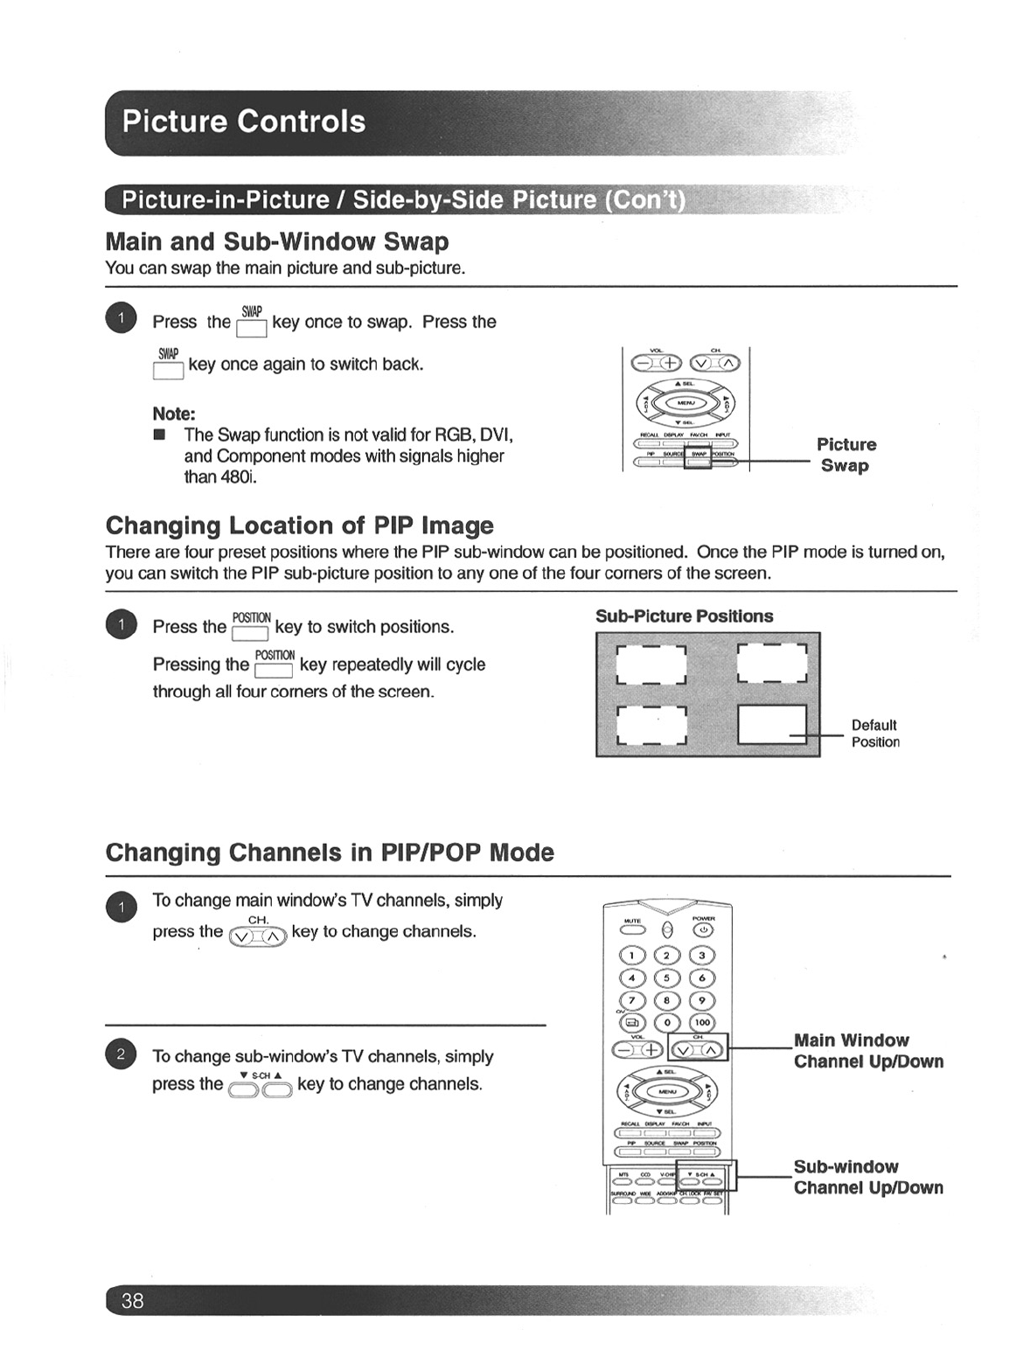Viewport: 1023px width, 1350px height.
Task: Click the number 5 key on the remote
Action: [666, 978]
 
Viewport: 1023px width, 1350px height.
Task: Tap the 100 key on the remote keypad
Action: [702, 1022]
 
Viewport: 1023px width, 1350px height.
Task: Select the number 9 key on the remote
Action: [702, 1000]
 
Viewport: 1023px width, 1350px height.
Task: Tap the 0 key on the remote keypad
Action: [666, 1022]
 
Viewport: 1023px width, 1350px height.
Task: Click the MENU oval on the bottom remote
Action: [666, 1092]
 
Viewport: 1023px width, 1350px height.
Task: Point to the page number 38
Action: [132, 1301]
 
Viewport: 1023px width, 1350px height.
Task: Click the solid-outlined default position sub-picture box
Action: [772, 725]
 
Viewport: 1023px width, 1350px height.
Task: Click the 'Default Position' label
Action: [874, 734]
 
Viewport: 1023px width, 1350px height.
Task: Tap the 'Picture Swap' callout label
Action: [846, 455]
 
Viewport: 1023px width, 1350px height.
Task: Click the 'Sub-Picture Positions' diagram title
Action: [684, 616]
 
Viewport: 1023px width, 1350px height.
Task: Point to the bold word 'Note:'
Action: [173, 414]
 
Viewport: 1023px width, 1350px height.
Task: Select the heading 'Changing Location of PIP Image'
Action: [299, 525]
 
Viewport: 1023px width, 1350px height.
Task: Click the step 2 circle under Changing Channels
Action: [122, 1054]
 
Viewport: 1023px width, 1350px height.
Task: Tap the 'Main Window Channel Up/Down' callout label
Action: [867, 1051]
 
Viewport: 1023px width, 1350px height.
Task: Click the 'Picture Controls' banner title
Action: [244, 121]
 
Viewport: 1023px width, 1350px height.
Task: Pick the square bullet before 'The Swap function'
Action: [159, 435]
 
